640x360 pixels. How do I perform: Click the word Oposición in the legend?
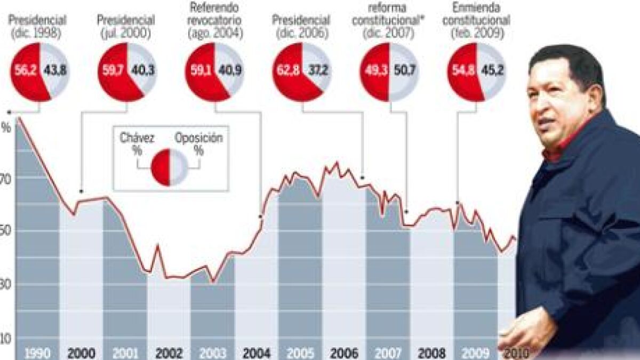click(x=198, y=138)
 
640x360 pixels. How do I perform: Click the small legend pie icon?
click(x=169, y=167)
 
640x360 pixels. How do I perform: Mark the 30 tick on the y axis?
click(x=6, y=285)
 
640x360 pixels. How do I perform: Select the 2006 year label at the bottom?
click(x=344, y=353)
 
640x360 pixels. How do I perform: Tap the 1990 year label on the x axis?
click(x=37, y=353)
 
